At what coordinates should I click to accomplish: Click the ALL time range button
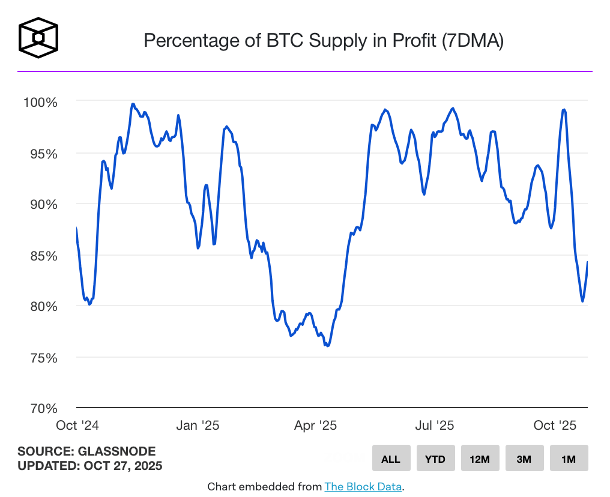(x=391, y=459)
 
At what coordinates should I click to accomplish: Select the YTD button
(x=435, y=459)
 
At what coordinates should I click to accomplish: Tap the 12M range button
(x=480, y=459)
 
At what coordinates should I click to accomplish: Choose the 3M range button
(x=524, y=459)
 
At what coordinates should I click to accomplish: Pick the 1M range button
(x=569, y=459)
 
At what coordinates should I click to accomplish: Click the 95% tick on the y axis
(x=42, y=154)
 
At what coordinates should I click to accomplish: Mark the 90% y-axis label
(x=42, y=205)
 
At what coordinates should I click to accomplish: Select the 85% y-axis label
(x=42, y=256)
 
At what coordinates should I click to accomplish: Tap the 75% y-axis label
(x=42, y=358)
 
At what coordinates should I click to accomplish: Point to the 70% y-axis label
(x=42, y=409)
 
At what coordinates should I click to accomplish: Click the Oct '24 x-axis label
(x=77, y=426)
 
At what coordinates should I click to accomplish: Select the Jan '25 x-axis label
(x=198, y=426)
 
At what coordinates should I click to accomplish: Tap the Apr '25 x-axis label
(x=315, y=426)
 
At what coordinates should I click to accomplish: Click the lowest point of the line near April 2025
(x=327, y=346)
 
